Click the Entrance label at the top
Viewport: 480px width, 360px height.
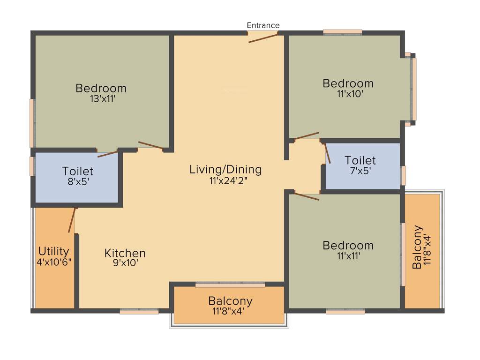263,25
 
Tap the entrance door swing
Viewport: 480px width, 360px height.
263,37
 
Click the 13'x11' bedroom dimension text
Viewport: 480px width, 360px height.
101,99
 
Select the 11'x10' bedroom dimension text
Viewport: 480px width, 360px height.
348,93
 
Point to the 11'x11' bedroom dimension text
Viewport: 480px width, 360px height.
348,256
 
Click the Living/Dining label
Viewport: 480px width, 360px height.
225,169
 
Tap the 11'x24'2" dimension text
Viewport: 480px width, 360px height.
225,180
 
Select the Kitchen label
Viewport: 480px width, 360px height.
125,253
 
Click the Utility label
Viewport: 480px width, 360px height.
54,251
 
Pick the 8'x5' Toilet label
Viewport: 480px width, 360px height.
78,172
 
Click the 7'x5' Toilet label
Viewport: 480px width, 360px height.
360,160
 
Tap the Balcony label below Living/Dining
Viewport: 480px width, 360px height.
230,300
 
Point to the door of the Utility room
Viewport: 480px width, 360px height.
72,220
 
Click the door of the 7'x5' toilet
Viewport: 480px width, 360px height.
327,152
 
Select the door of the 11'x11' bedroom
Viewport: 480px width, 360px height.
306,196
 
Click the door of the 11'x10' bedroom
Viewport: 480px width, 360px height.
306,136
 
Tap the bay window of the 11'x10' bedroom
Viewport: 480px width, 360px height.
413,89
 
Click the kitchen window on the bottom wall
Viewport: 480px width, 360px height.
139,311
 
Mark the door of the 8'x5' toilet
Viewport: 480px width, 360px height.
108,153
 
